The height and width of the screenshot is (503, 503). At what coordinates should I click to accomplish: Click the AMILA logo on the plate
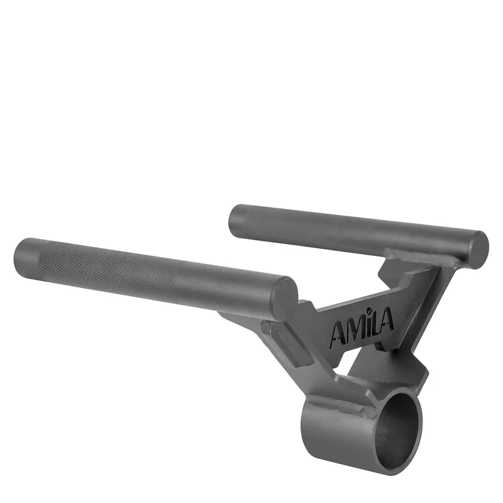pos(362,327)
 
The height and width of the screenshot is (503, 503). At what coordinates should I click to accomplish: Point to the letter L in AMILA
pos(376,323)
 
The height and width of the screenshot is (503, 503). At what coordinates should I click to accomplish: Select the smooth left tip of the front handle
pos(26,255)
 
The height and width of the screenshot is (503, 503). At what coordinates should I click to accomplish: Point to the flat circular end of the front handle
pos(285,297)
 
